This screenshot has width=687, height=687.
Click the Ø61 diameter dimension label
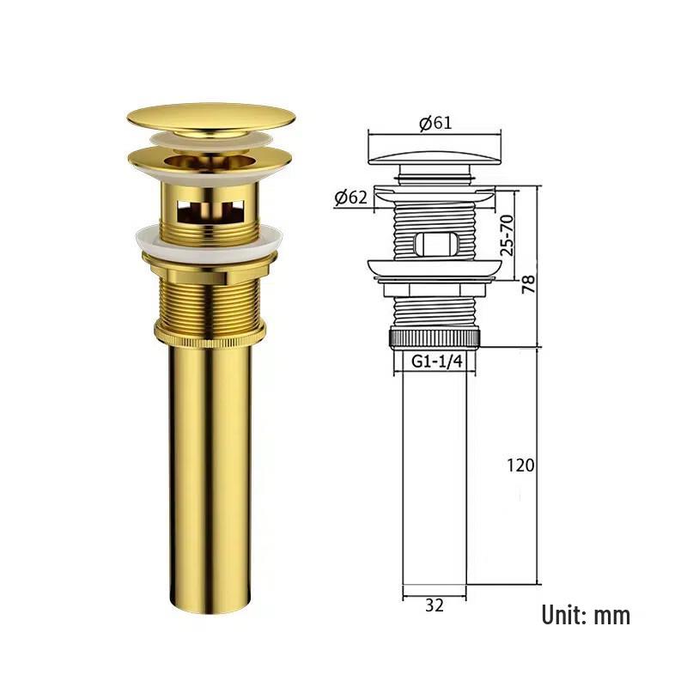pos(435,123)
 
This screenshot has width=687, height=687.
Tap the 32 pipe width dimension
pos(435,605)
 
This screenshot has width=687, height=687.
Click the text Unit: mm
pos(586,615)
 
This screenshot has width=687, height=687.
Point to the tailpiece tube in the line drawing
pos(435,472)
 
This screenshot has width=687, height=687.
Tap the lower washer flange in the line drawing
pos(434,270)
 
